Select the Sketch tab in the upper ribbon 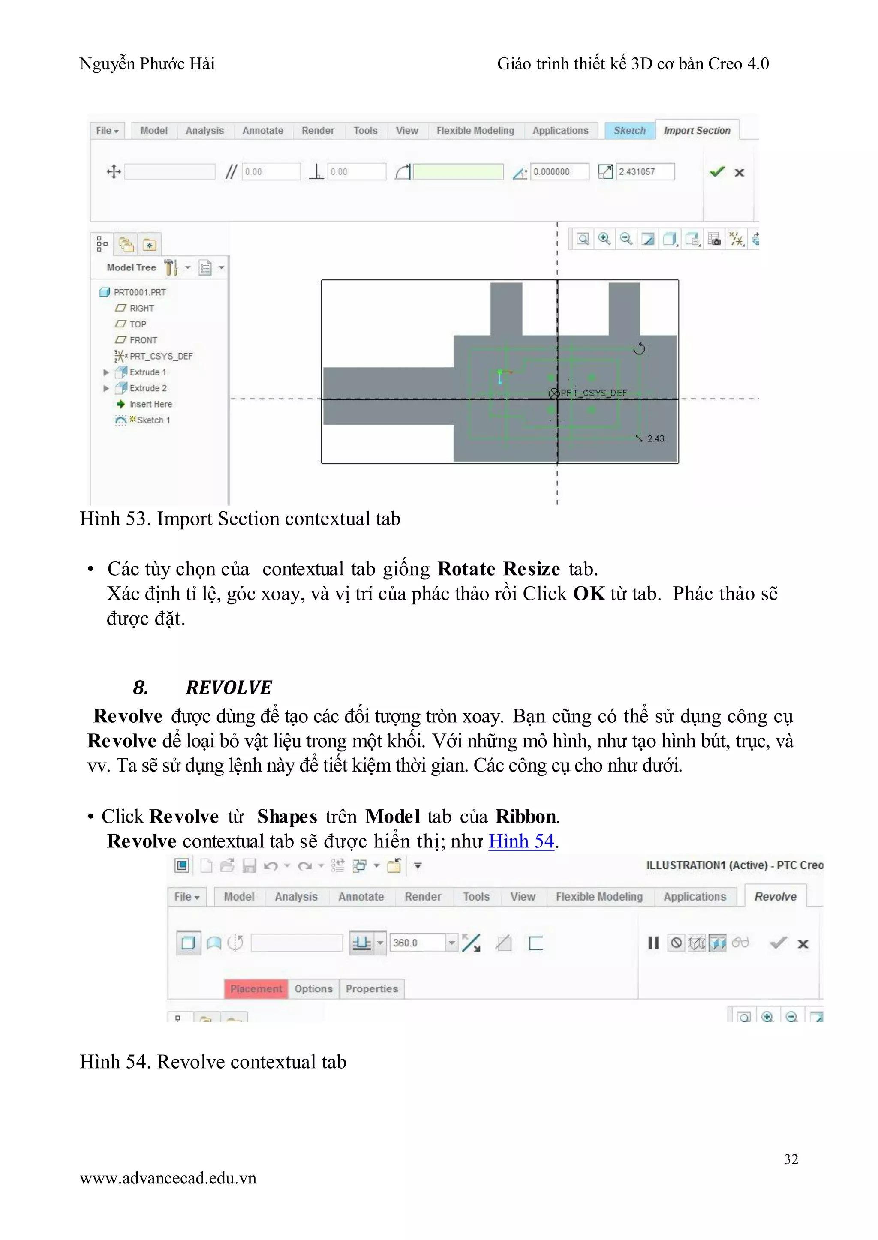[629, 130]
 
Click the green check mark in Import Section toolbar [717, 172]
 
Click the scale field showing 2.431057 [645, 172]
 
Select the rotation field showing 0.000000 [559, 172]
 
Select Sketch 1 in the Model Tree [153, 420]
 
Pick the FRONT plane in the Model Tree [143, 340]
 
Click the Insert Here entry [150, 404]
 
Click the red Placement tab [256, 989]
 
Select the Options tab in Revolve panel [313, 989]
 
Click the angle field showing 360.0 [418, 943]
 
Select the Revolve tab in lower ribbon [775, 896]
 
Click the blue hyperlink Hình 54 [521, 841]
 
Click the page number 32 [791, 1159]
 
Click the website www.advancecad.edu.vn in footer [168, 1178]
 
